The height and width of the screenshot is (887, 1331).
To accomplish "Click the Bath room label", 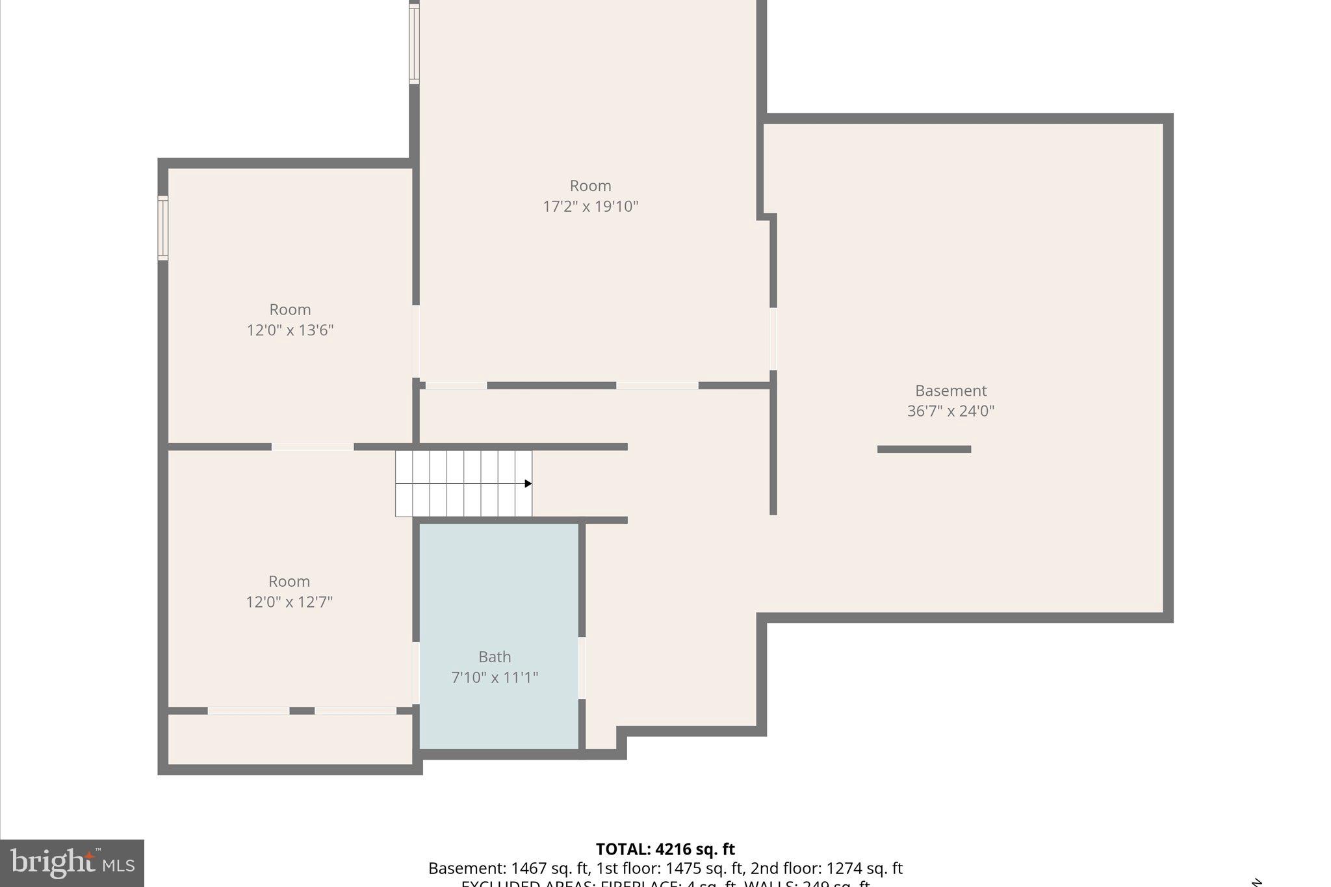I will (495, 657).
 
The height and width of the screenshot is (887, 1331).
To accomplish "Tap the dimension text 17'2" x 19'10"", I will (590, 207).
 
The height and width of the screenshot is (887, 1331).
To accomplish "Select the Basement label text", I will (950, 391).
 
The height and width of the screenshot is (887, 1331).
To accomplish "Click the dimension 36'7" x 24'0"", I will (950, 411).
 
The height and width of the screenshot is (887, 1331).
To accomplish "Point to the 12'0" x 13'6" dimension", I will (290, 330).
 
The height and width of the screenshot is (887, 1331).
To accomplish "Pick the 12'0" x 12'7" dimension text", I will (289, 602).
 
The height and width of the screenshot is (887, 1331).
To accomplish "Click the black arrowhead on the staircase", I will (528, 483).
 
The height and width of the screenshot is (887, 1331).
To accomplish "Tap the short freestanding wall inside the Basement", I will (924, 449).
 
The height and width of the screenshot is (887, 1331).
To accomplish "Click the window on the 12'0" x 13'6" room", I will (163, 228).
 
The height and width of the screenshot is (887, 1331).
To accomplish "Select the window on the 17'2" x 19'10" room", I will (414, 44).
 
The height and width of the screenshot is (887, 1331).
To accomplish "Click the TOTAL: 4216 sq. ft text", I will (665, 849).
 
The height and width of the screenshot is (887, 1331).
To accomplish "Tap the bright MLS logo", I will (72, 863).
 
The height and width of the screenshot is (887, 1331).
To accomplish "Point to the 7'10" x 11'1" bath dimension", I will (495, 678).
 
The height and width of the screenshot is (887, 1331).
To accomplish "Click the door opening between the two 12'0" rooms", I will (313, 447).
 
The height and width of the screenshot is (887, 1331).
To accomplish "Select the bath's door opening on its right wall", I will (582, 668).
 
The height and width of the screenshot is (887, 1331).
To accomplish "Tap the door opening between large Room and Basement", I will (773, 339).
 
